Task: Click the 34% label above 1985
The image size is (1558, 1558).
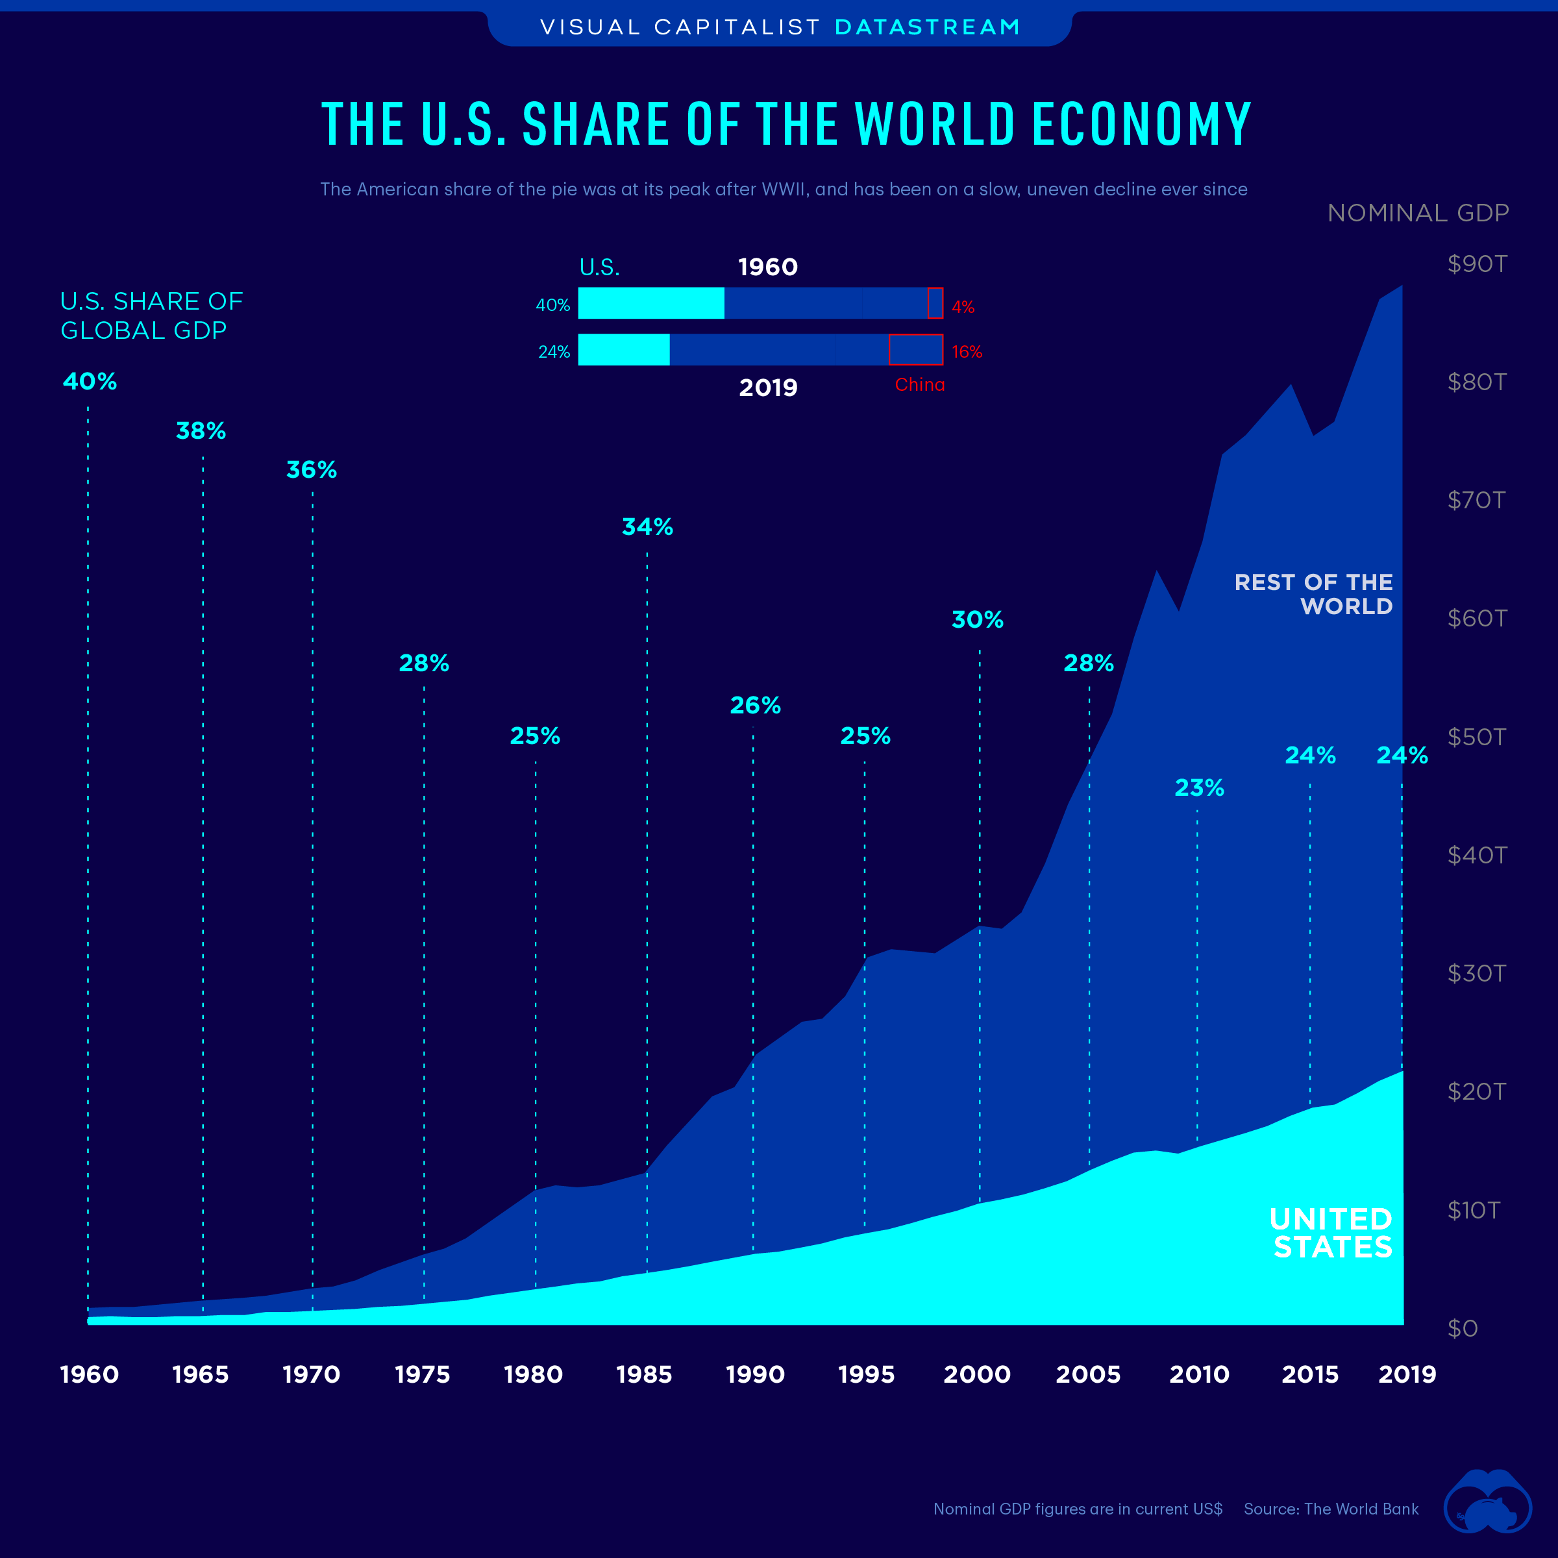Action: coord(647,526)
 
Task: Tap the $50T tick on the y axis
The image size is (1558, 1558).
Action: coord(1476,737)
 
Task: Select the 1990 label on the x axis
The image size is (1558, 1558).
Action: coord(755,1374)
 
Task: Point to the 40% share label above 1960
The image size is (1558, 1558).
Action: coord(90,382)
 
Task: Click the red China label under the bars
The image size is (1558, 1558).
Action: coord(919,385)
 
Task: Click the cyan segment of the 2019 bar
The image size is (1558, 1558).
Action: coord(623,350)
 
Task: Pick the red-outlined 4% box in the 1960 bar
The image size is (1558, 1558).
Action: coord(935,303)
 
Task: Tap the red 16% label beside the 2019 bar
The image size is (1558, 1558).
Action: coord(966,352)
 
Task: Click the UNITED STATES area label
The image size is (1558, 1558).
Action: coord(1331,1232)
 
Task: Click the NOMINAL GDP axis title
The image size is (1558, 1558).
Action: coord(1418,213)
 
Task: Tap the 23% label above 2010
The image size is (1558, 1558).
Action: coord(1198,788)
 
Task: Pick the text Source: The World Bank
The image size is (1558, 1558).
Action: coord(1331,1509)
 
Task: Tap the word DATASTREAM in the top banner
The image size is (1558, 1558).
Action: coord(928,27)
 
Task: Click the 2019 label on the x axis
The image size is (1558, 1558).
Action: coord(1406,1374)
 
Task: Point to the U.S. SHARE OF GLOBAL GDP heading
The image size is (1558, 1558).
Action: coord(151,315)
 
